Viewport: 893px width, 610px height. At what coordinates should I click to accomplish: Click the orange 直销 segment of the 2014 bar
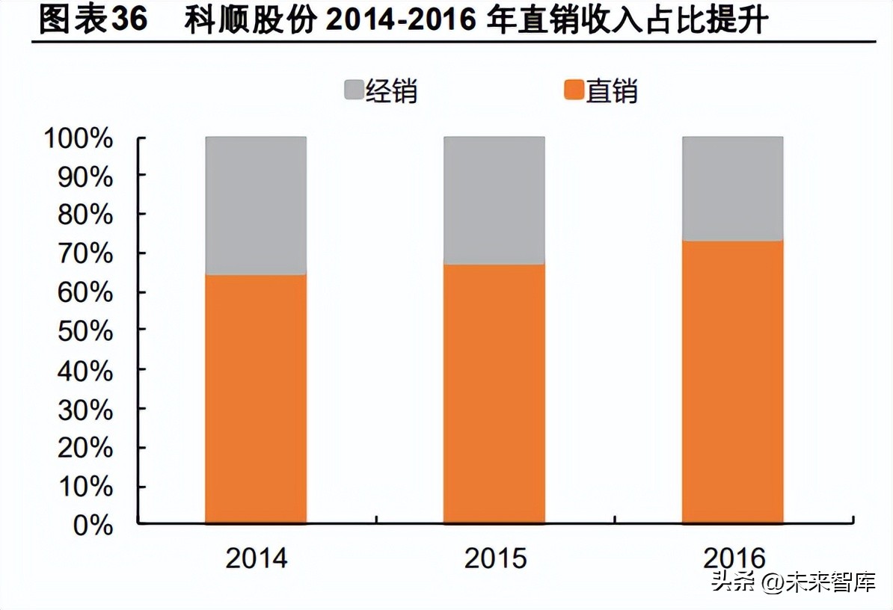[256, 398]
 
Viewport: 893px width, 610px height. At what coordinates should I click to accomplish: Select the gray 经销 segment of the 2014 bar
[256, 206]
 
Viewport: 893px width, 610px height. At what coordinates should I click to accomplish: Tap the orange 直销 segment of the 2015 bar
[494, 393]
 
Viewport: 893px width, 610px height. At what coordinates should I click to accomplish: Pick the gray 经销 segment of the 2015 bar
[494, 200]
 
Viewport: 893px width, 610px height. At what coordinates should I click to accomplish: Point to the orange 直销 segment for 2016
[732, 381]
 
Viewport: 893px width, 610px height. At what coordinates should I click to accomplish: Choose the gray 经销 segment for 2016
[732, 188]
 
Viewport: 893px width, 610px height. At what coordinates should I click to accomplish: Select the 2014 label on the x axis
[256, 558]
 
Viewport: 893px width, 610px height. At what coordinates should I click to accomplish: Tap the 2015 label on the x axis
[495, 558]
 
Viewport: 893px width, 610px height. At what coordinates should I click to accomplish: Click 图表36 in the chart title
[93, 20]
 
